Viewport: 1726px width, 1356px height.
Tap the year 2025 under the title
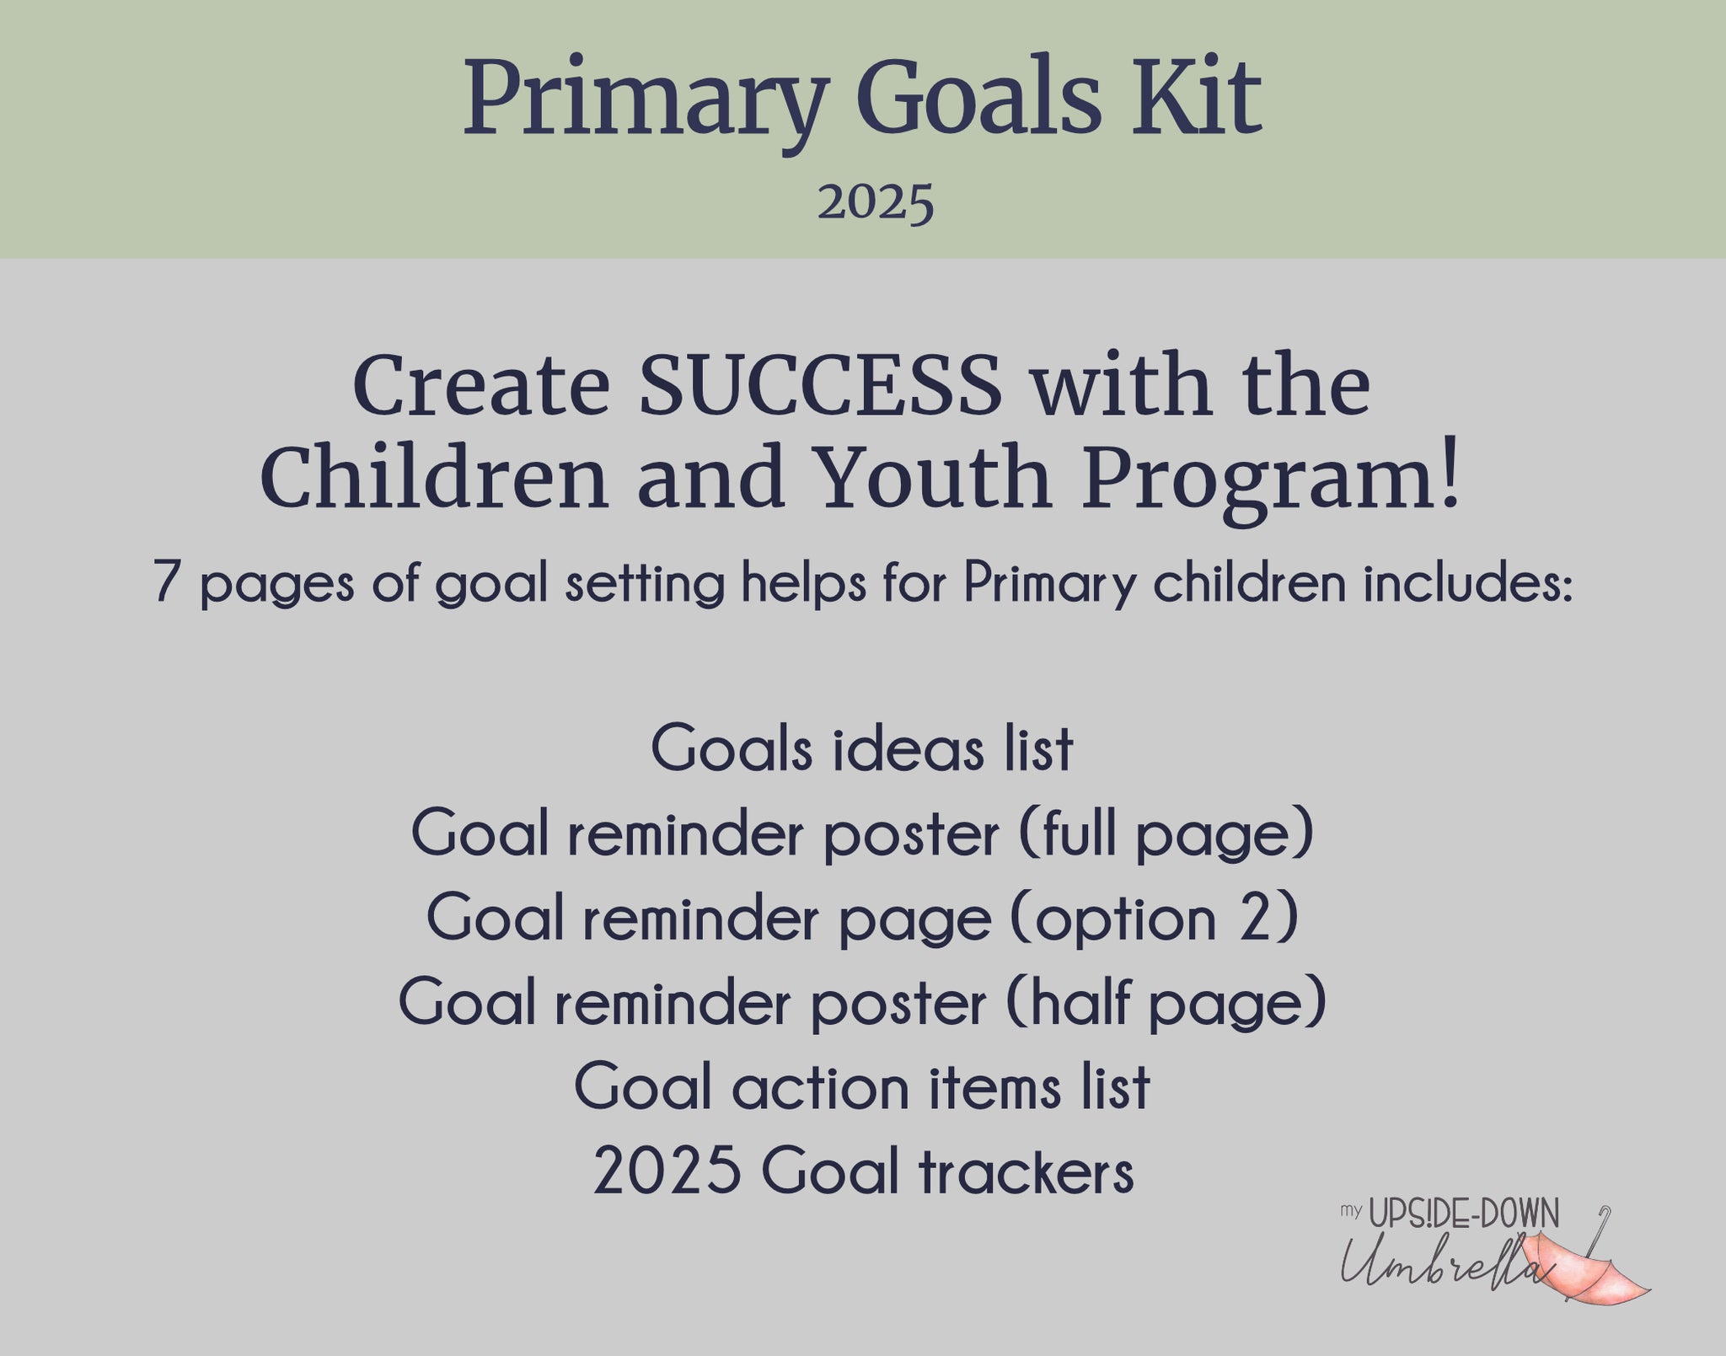click(x=876, y=202)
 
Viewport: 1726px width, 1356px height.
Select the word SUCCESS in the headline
click(x=821, y=385)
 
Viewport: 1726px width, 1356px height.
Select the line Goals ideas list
click(x=862, y=748)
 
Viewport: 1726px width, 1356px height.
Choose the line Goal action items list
click(x=862, y=1087)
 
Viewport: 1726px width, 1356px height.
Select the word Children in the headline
click(x=435, y=478)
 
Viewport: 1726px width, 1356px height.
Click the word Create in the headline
click(x=481, y=385)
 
